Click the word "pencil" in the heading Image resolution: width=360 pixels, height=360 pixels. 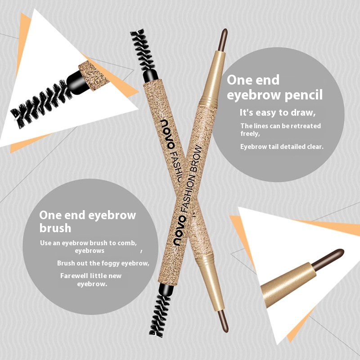pyautogui.click(x=304, y=95)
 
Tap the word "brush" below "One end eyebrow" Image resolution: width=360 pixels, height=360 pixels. pyautogui.click(x=55, y=228)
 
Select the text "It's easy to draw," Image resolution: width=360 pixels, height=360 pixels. pyautogui.click(x=277, y=113)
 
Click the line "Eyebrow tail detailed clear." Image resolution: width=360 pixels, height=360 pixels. pyautogui.click(x=282, y=147)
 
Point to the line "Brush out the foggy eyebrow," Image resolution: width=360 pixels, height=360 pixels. pyautogui.click(x=103, y=263)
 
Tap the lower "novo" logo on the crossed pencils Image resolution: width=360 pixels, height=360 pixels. pyautogui.click(x=180, y=230)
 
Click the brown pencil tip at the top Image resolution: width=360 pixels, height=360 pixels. pyautogui.click(x=223, y=40)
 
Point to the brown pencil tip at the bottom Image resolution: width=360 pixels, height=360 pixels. pyautogui.click(x=223, y=321)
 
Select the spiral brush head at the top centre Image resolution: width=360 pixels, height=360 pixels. pyautogui.click(x=144, y=50)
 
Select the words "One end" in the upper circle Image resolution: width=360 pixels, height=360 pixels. pyautogui.click(x=253, y=80)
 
